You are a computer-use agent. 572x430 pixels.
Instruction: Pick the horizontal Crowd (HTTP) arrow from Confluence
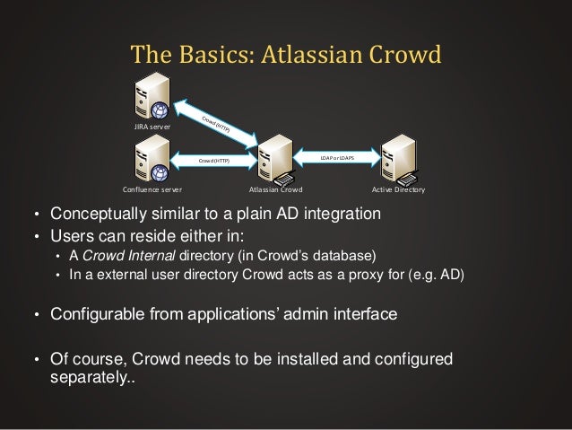coord(213,162)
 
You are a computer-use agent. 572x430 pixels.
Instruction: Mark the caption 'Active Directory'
coord(397,190)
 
